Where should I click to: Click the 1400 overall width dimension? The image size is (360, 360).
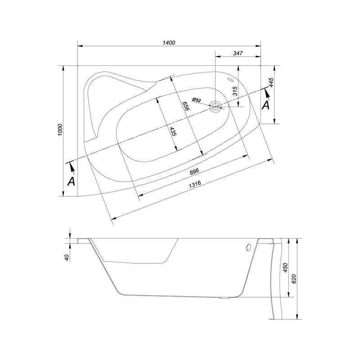tap(169, 43)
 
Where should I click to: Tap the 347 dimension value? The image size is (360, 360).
tap(238, 53)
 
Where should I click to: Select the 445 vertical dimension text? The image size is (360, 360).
tap(271, 82)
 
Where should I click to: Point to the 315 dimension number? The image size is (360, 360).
tap(235, 91)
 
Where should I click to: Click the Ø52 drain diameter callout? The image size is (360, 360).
tap(197, 100)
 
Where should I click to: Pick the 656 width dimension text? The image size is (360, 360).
tap(185, 106)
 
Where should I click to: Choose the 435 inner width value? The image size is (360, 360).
tap(173, 131)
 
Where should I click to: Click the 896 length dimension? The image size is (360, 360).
tap(194, 171)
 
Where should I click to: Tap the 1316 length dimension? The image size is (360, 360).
tap(195, 184)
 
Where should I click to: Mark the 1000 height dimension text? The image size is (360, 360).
tap(60, 130)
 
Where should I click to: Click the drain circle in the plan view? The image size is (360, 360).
tap(215, 107)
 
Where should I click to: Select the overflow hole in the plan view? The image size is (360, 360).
tap(230, 80)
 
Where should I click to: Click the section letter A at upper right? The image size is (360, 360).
tap(265, 105)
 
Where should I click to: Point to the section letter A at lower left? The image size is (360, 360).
tap(72, 181)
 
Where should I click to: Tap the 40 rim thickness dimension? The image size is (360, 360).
tap(67, 257)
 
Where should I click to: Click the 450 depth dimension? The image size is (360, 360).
tap(285, 268)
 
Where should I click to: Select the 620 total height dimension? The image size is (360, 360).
tap(294, 279)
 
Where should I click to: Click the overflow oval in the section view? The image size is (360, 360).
tap(248, 247)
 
